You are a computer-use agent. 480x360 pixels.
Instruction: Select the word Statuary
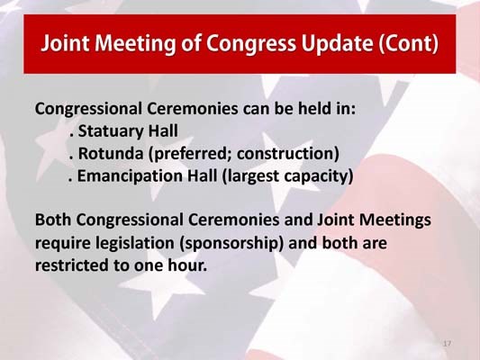(110, 131)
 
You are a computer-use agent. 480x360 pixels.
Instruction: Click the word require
(62, 243)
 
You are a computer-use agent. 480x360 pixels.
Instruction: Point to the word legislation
(137, 243)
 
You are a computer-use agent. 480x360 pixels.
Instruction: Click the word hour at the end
(186, 266)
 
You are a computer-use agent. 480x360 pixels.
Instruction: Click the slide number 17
(447, 345)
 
